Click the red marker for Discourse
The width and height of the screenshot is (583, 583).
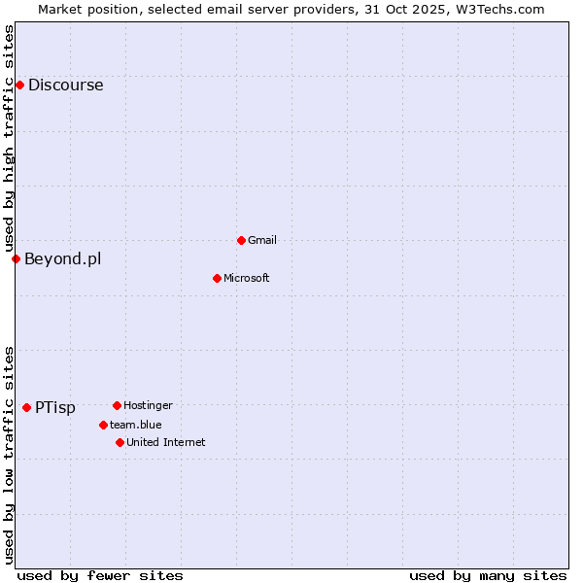(19, 85)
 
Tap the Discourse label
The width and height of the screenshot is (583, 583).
(65, 85)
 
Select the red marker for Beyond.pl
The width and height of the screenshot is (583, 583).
(16, 258)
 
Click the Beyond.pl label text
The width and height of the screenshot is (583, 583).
(62, 258)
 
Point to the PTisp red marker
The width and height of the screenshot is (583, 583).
(26, 407)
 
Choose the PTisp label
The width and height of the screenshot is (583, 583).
(54, 407)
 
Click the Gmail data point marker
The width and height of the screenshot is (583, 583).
(241, 240)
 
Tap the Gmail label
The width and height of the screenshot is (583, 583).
(262, 240)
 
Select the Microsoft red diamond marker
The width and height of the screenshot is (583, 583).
(217, 278)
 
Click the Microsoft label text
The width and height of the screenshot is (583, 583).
(246, 278)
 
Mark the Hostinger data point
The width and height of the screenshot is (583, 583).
(117, 405)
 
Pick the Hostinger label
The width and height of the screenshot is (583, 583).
(148, 405)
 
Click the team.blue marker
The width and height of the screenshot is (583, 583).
(103, 425)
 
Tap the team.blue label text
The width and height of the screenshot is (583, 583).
(135, 425)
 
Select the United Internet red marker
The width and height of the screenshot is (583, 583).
(120, 442)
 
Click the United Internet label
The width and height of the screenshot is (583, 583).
(165, 442)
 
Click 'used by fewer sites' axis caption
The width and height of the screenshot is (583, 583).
(100, 575)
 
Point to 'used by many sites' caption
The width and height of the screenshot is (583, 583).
(488, 575)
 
